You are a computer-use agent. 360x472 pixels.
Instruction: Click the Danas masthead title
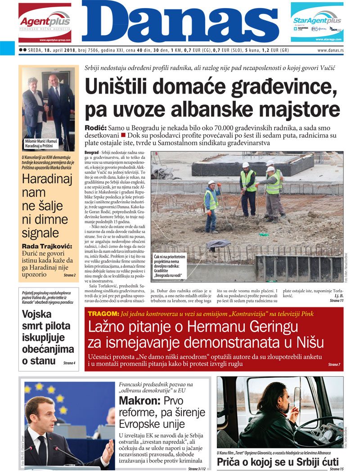pyautogui.click(x=180, y=22)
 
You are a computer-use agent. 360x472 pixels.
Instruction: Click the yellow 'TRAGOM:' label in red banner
pyautogui.click(x=103, y=314)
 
